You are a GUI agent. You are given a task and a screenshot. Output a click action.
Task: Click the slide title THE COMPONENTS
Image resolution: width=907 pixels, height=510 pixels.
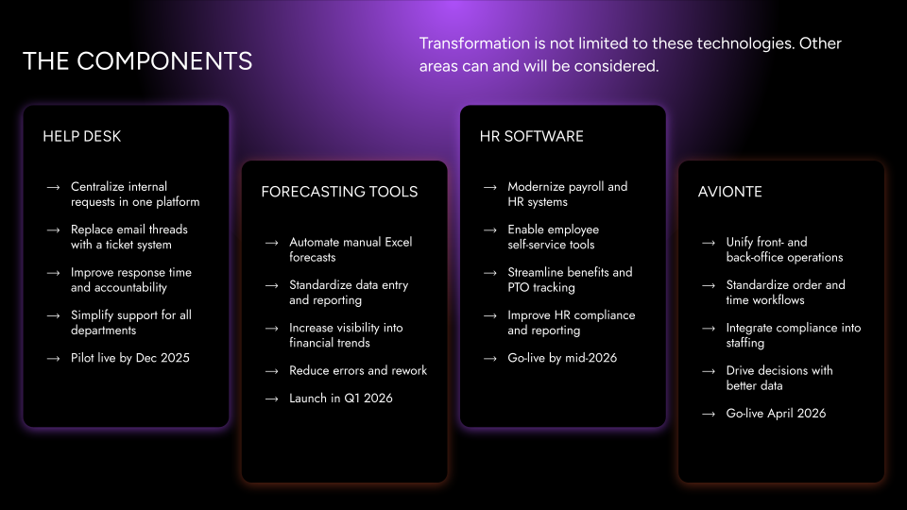pyautogui.click(x=138, y=61)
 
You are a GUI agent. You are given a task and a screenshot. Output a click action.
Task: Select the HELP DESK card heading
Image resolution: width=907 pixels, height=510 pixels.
pyautogui.click(x=82, y=136)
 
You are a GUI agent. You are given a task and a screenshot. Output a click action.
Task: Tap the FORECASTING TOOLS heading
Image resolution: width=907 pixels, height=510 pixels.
pyautogui.click(x=339, y=192)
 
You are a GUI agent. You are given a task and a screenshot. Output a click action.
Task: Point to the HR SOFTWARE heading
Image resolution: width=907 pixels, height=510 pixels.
pyautogui.click(x=532, y=136)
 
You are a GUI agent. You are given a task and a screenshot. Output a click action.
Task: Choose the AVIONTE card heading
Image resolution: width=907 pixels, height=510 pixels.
pyautogui.click(x=730, y=192)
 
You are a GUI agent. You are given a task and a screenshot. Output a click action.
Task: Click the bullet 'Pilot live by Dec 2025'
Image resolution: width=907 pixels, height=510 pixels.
pyautogui.click(x=130, y=358)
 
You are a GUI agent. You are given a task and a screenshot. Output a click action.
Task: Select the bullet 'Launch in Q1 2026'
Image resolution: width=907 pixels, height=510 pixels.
pyautogui.click(x=341, y=399)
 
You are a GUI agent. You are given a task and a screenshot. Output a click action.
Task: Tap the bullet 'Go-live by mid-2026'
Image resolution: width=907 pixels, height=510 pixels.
pyautogui.click(x=562, y=358)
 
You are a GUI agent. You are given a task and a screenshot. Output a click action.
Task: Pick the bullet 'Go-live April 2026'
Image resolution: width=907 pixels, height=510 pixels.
pyautogui.click(x=776, y=414)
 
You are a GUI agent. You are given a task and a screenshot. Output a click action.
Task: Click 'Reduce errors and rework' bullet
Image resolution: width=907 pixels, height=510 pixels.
pyautogui.click(x=358, y=370)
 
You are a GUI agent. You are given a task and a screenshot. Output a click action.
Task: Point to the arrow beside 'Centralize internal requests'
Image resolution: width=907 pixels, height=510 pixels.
pyautogui.click(x=53, y=187)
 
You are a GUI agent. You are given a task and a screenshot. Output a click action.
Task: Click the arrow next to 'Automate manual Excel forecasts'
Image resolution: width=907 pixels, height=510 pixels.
pyautogui.click(x=272, y=243)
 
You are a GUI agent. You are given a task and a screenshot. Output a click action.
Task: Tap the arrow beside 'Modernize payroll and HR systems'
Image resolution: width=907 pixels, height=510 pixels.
pyautogui.click(x=490, y=187)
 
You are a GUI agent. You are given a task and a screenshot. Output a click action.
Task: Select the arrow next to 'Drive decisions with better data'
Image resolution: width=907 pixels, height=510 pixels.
pyautogui.click(x=709, y=371)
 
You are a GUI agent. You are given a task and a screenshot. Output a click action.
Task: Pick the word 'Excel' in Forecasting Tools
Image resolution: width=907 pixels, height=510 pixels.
pyautogui.click(x=399, y=243)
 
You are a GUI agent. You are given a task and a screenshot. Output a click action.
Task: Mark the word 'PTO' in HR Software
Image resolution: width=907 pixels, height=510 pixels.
pyautogui.click(x=519, y=287)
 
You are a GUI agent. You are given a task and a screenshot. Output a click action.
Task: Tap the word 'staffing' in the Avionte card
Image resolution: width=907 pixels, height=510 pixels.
pyautogui.click(x=745, y=344)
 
